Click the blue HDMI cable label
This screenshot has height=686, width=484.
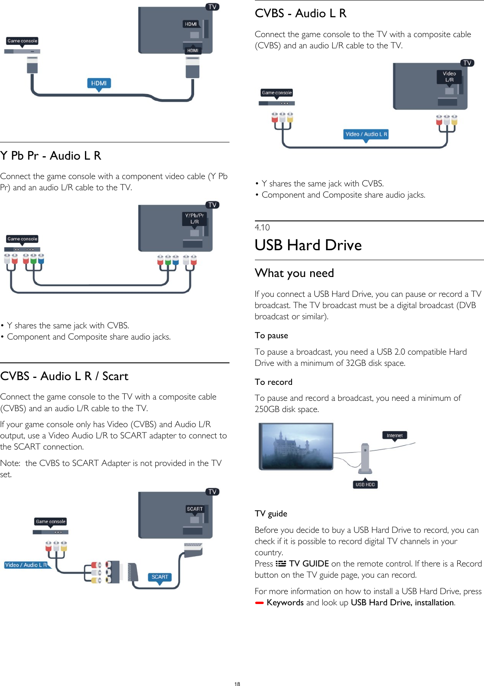coord(99,83)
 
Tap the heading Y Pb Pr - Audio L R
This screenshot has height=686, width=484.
coord(51,156)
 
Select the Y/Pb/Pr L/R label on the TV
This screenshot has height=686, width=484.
coord(195,219)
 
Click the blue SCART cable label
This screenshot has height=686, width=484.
coord(160,577)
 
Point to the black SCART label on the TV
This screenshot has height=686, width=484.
coord(195,509)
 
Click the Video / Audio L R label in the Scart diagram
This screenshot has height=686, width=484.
coord(26,565)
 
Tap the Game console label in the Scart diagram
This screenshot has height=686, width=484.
coord(50,522)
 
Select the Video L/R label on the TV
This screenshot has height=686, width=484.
coord(449,77)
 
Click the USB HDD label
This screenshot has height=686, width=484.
coord(365,485)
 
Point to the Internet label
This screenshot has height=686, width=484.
coord(394,435)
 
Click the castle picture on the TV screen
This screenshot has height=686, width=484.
coord(296,446)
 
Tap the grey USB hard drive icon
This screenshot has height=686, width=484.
coord(365,458)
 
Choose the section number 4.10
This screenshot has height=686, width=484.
coord(262,227)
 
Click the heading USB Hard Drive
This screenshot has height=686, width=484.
coord(308,245)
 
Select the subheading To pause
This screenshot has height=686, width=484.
coord(271,336)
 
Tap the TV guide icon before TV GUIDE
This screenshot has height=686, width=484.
coord(281,563)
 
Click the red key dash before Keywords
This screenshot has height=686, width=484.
coord(259,603)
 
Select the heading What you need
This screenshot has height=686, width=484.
coord(294,273)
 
